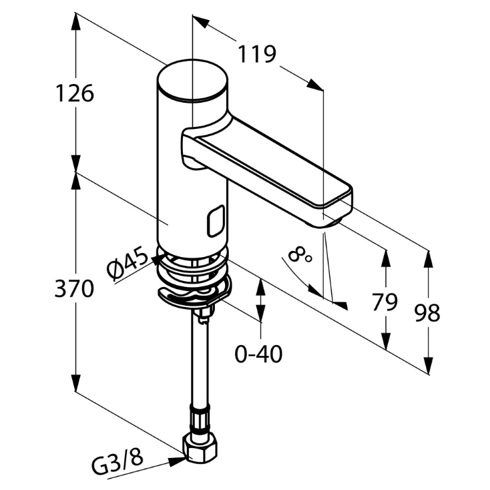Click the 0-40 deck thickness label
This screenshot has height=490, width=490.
258,354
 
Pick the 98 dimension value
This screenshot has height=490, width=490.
427,312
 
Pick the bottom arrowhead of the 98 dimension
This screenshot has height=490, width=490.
428,367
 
